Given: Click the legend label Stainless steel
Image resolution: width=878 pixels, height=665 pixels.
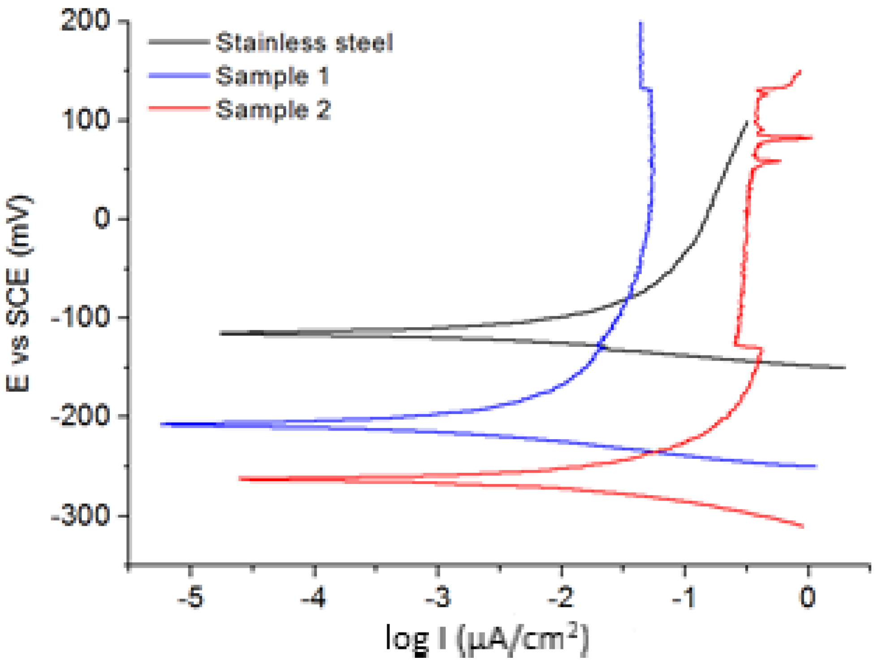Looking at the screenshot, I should point(304,43).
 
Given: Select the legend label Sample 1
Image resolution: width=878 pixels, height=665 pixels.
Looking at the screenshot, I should point(272,76).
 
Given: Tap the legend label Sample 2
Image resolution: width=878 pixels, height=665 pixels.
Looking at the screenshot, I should point(273,110).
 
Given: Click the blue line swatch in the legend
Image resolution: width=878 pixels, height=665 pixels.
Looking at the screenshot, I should point(179,76).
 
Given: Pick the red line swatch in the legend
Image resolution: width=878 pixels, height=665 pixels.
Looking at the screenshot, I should point(179,108).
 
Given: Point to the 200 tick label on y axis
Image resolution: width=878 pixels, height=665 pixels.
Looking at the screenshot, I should point(85,21).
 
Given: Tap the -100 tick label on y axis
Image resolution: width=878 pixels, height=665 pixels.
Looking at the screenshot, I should point(81,318).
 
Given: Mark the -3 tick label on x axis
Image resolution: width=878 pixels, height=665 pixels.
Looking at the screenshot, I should point(438,598).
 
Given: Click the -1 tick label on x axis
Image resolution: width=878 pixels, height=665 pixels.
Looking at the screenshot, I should point(684,598).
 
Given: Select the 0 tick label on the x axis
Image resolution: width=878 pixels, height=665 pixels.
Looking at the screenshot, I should point(808,598).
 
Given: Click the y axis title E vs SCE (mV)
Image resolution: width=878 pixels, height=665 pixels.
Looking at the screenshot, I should point(19,294).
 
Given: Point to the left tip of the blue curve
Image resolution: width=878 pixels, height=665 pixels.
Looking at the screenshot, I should point(162,424).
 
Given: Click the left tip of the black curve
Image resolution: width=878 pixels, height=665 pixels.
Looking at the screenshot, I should point(221,333).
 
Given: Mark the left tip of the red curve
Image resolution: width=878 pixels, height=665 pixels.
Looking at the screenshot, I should point(240,479).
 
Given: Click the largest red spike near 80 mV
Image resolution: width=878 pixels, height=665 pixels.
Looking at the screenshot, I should point(810,138).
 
